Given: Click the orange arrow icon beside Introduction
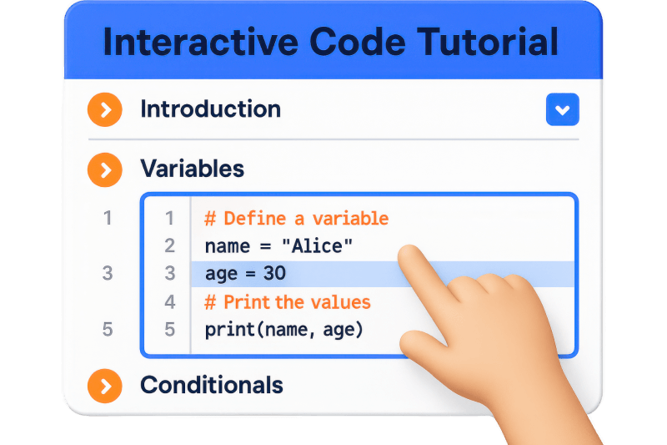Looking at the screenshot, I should (105, 109).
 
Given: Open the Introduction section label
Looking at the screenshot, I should (210, 109).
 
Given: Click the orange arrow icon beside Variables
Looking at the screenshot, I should (105, 169).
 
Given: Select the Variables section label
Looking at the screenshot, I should (192, 169).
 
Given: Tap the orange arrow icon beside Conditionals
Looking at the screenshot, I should (105, 386).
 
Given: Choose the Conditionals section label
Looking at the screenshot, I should (212, 386).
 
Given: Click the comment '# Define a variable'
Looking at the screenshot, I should (296, 219).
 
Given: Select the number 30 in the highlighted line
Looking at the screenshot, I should (275, 274).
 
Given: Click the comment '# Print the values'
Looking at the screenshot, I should (287, 301).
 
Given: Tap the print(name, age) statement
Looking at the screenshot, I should (284, 329).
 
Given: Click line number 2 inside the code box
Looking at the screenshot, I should (170, 246).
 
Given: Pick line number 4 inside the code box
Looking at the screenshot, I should (170, 301).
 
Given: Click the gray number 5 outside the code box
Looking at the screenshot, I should (108, 329).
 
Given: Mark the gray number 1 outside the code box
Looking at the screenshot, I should (108, 219).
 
